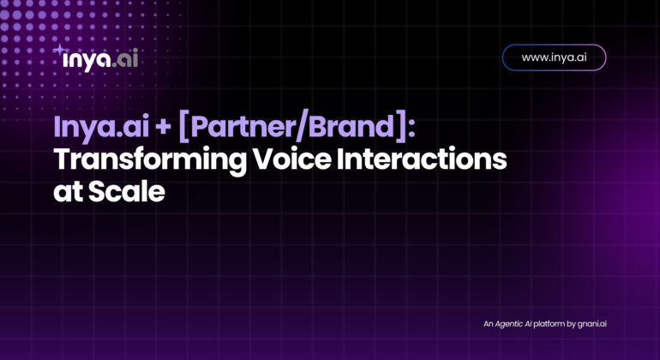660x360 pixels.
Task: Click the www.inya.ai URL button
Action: coord(554,57)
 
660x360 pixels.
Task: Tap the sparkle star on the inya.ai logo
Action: coord(59,50)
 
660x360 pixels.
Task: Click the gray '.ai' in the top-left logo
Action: coord(125,59)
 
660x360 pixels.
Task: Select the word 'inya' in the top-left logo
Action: coord(87,61)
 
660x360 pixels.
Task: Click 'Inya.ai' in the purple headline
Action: coord(101,128)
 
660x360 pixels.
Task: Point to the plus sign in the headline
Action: coord(164,128)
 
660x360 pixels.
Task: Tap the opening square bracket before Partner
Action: coord(183,128)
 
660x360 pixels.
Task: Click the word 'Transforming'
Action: coord(150,160)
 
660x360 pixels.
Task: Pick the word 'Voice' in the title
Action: coord(291,159)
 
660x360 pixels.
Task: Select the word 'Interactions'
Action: coord(422,159)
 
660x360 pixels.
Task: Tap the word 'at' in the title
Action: coord(68,192)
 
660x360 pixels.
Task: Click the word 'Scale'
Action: coord(126,191)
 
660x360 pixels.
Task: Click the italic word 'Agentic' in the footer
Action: coord(508,324)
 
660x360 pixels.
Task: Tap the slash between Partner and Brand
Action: coord(302,128)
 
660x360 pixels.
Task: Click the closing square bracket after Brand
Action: coord(400,128)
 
